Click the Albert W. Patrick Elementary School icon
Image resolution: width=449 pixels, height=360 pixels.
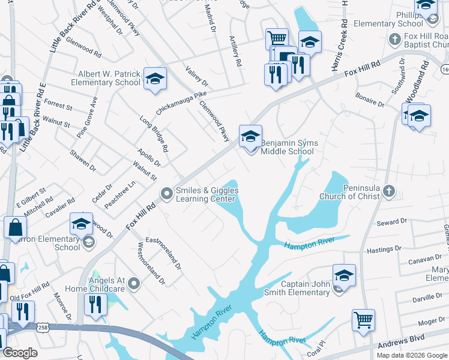(x=155, y=79)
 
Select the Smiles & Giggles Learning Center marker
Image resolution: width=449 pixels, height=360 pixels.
(x=166, y=193)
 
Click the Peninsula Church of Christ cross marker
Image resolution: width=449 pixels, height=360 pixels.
(x=389, y=191)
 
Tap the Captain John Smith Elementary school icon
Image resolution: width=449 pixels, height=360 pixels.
(x=344, y=276)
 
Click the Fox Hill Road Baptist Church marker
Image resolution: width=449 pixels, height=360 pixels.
(x=394, y=40)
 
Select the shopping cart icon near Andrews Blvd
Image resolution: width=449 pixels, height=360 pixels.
(x=363, y=320)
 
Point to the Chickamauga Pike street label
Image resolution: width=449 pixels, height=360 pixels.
(x=181, y=102)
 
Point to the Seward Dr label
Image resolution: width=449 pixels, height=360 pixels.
(x=391, y=222)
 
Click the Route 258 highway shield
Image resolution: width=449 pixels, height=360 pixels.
(x=42, y=328)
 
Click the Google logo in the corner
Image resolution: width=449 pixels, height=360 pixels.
(x=20, y=353)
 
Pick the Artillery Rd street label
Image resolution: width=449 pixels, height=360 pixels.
(x=235, y=51)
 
